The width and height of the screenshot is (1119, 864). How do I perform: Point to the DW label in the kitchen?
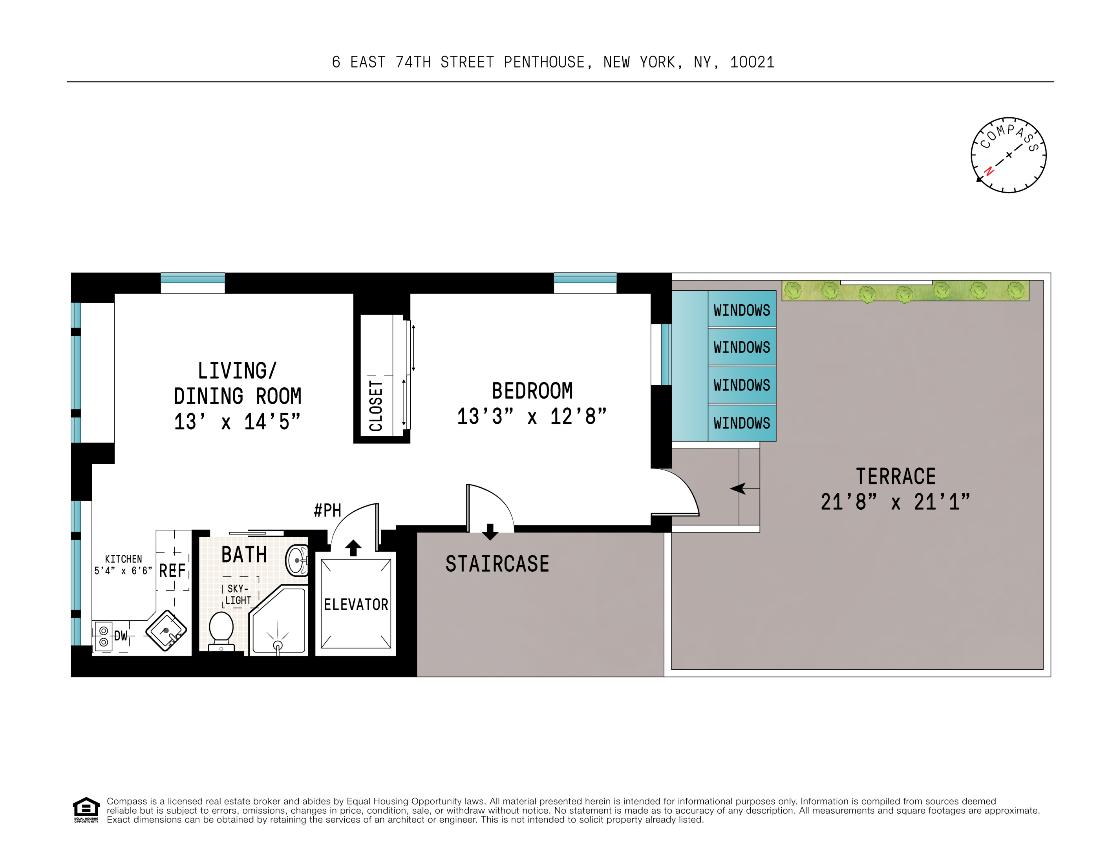click(x=121, y=636)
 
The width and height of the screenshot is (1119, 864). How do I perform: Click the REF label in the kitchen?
click(x=172, y=571)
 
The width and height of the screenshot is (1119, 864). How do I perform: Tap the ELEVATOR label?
click(x=356, y=604)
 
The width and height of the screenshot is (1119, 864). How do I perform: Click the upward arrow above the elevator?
click(x=353, y=547)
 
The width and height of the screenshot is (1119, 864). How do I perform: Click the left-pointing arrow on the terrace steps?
click(x=738, y=488)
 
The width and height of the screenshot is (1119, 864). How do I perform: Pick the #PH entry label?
click(x=327, y=510)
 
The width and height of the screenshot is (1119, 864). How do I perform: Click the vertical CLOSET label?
click(x=376, y=405)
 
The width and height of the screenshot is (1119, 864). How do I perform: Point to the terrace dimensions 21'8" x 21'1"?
click(x=895, y=502)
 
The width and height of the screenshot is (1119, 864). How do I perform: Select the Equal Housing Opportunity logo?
click(x=86, y=809)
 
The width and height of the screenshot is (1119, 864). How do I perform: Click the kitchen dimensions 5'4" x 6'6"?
click(x=123, y=571)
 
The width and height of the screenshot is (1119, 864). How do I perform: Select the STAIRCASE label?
click(x=497, y=564)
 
